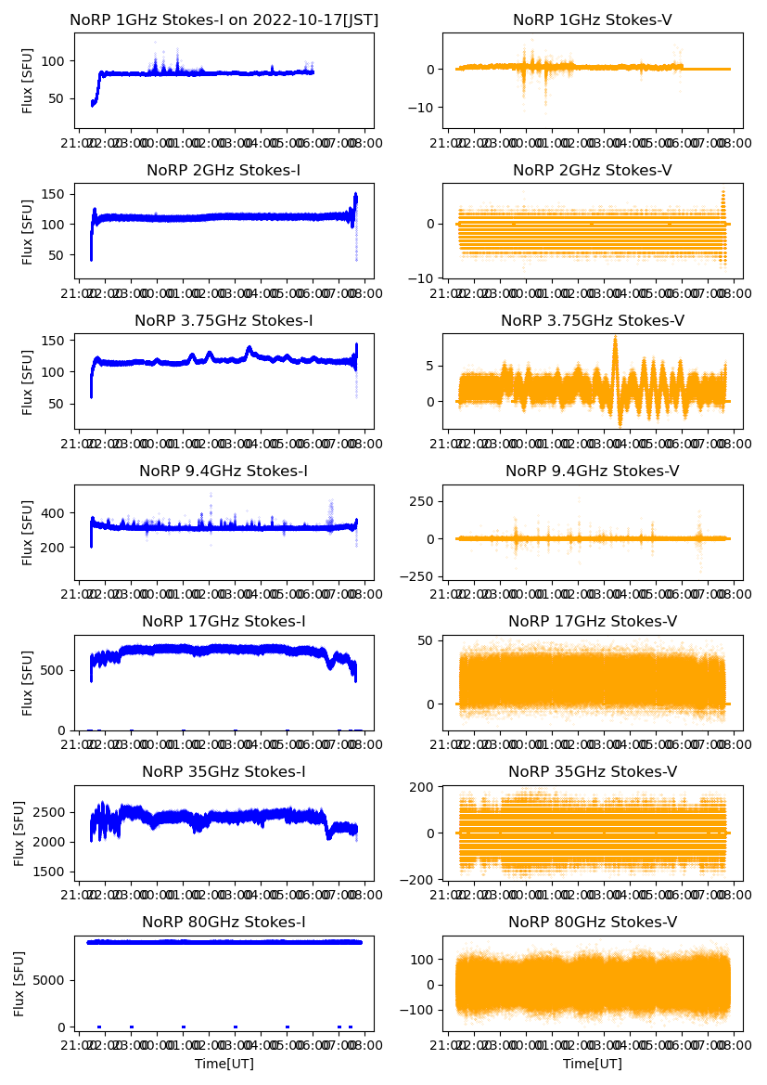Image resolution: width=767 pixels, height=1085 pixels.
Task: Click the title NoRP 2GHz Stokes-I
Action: pos(224,170)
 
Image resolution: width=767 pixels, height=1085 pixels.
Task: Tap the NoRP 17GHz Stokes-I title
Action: pos(224,621)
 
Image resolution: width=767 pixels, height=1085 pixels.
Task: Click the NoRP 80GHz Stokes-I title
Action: pos(224,922)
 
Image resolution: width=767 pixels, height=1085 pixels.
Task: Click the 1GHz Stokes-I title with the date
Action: pos(224,19)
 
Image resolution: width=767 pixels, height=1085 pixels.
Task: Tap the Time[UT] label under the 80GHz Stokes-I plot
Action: pos(224,1063)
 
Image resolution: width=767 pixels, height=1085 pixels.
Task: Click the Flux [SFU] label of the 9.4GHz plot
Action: pos(28,532)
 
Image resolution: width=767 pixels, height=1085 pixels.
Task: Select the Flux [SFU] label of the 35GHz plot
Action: pos(20,833)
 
